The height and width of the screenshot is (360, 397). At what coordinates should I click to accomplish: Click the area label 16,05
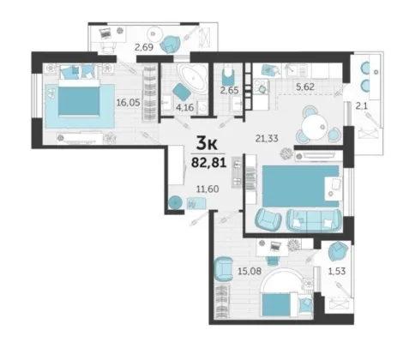coord(129,102)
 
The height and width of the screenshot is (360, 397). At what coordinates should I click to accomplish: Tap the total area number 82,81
coord(209,163)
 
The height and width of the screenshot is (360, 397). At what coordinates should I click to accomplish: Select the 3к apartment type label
coord(207,143)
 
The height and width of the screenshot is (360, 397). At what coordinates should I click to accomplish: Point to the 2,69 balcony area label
coord(144,47)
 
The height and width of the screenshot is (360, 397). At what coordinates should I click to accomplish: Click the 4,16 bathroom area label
coord(185,107)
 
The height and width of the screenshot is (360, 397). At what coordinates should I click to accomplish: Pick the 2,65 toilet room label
coord(229,90)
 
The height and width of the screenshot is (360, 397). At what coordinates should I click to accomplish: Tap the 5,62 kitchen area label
coord(305,87)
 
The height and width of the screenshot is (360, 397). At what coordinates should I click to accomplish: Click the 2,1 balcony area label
coord(362,106)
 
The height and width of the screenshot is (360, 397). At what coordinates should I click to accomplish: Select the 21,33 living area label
coord(267,139)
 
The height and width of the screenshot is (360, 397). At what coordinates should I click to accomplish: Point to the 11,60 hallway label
coord(208,189)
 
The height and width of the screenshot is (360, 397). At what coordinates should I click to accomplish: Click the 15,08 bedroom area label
coord(250,271)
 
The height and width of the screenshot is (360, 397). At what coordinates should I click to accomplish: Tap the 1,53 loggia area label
coord(337,271)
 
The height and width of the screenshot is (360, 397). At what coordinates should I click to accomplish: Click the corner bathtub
coord(192,78)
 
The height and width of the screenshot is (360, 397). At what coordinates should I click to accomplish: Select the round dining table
coord(314,127)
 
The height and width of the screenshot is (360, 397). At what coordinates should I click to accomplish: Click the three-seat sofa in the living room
coord(314,220)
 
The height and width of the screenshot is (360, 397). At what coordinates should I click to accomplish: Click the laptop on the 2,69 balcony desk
coord(105,33)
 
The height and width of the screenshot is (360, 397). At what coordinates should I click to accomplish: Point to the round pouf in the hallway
coord(175,203)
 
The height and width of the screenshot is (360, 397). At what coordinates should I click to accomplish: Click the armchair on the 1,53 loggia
coord(338,251)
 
